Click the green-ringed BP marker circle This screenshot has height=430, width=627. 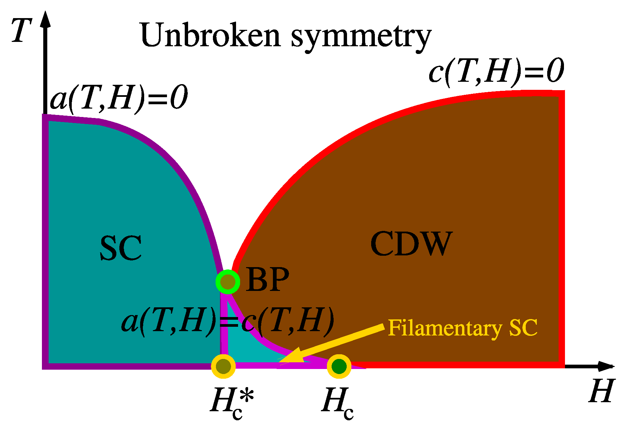(228, 282)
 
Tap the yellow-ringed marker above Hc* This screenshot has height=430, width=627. (223, 366)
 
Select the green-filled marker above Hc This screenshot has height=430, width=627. (339, 366)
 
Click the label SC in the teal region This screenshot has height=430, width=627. (121, 248)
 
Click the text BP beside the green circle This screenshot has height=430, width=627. (267, 280)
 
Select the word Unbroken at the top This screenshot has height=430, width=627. (210, 35)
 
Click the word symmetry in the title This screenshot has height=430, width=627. (361, 37)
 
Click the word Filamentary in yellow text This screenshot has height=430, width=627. (445, 328)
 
